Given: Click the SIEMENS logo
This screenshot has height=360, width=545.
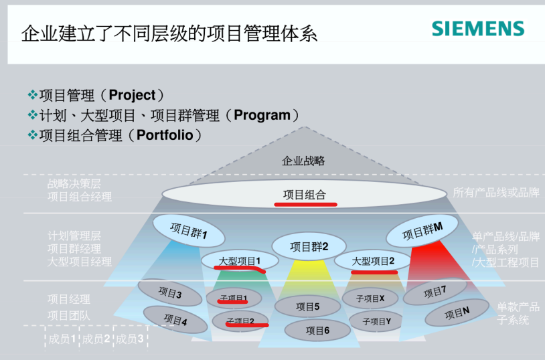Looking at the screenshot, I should click(x=477, y=28).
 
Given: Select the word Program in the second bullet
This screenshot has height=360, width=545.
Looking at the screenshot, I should click(x=262, y=115).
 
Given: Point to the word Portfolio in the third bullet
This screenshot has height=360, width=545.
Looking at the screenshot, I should click(x=165, y=135).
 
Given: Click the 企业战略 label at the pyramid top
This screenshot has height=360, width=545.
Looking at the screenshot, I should click(x=303, y=161).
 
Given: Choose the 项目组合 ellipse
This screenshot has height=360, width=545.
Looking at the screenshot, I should click(x=304, y=195).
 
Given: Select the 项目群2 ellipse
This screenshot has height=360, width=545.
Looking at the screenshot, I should click(x=309, y=246).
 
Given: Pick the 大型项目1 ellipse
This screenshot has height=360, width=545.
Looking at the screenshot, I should click(x=239, y=260).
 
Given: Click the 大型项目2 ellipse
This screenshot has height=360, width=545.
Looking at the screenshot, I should click(x=373, y=261).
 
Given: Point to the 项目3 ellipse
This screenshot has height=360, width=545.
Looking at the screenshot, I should click(x=170, y=293).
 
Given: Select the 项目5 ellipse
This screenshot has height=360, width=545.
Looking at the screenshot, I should click(x=308, y=307).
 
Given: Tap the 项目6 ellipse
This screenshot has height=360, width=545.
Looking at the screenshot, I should click(x=317, y=330).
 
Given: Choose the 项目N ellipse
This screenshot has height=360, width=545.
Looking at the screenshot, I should click(x=457, y=312).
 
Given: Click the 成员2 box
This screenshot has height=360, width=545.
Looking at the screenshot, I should click(x=96, y=339).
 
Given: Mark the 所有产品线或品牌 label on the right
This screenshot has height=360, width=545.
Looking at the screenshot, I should click(x=496, y=193).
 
